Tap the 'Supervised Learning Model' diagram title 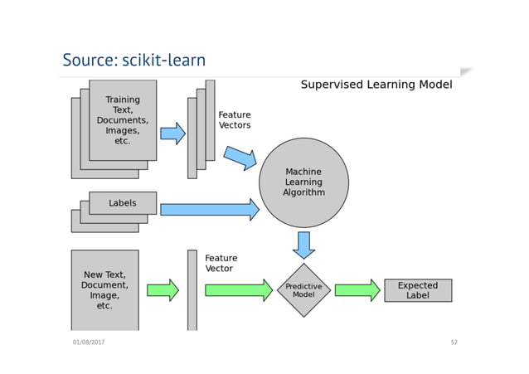376,85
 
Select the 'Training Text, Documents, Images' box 123,120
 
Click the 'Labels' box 123,203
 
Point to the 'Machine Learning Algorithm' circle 303,182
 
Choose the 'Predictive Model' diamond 303,290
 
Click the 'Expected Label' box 418,290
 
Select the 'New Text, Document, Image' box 104,290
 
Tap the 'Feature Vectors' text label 234,120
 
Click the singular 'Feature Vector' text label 221,264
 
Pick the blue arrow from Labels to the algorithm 209,210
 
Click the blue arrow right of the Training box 172,134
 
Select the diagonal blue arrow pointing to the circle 240,158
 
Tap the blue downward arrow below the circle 303,245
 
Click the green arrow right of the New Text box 163,290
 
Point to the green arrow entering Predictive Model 239,290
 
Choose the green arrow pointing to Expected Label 357,290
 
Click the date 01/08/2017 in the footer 88,342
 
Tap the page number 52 454,342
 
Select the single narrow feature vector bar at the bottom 192,290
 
